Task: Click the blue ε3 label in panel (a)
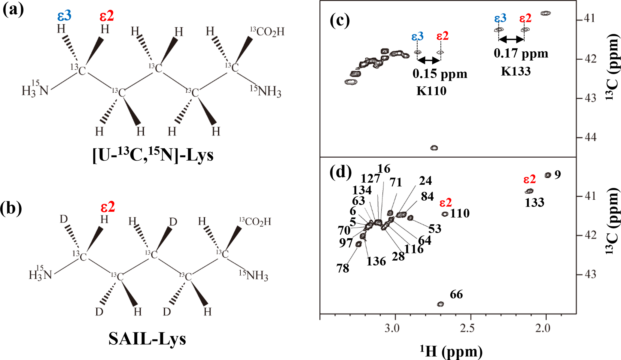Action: [64, 16]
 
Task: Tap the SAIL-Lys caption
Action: [147, 339]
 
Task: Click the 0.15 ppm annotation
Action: [440, 74]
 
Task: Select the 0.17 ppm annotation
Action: [521, 53]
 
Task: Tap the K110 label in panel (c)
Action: [431, 91]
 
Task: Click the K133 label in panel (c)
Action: [516, 71]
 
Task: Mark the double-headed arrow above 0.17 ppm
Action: [511, 39]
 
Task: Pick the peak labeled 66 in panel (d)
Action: [440, 304]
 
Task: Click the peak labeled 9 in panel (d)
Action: [548, 175]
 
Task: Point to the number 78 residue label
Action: [343, 268]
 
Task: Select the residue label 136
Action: [376, 261]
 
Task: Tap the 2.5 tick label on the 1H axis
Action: [467, 328]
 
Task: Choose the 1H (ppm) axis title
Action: [451, 352]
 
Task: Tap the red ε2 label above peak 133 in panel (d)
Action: [529, 180]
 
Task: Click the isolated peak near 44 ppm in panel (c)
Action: [434, 148]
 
